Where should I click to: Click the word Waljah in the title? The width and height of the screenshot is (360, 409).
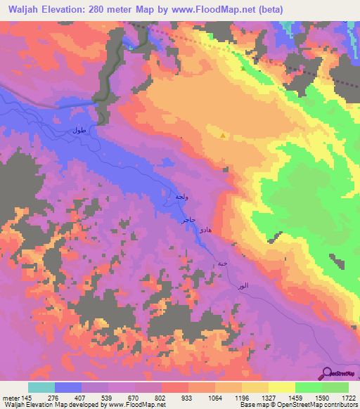[x=23, y=9]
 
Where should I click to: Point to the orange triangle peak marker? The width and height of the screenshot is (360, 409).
[x=224, y=136]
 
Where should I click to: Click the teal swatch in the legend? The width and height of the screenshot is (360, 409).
[x=41, y=387]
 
